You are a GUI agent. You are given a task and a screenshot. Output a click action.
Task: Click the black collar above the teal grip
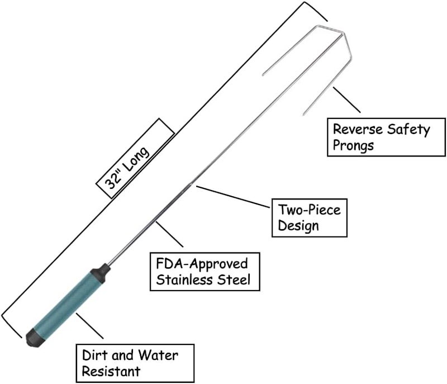click(x=101, y=271)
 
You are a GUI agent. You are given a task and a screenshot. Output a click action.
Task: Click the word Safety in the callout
click(x=408, y=130)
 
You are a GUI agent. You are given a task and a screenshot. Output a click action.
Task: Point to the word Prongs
click(x=353, y=146)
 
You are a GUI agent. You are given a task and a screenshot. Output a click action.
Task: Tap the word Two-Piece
click(x=310, y=210)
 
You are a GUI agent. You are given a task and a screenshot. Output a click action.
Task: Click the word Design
click(x=298, y=226)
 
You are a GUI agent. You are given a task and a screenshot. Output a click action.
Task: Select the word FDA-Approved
click(x=202, y=264)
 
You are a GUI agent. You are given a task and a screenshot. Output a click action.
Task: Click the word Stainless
click(x=185, y=279)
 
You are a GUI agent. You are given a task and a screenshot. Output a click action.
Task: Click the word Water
click(x=158, y=355)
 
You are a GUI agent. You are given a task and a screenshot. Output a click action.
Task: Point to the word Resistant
click(x=111, y=372)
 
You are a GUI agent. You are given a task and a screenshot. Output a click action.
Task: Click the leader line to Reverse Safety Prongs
click(x=346, y=100)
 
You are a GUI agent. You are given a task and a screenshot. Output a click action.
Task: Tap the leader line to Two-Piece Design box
click(x=232, y=197)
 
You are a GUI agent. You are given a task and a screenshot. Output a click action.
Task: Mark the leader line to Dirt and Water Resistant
click(x=89, y=326)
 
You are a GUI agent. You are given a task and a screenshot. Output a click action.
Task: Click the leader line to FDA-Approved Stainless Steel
click(x=169, y=234)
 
